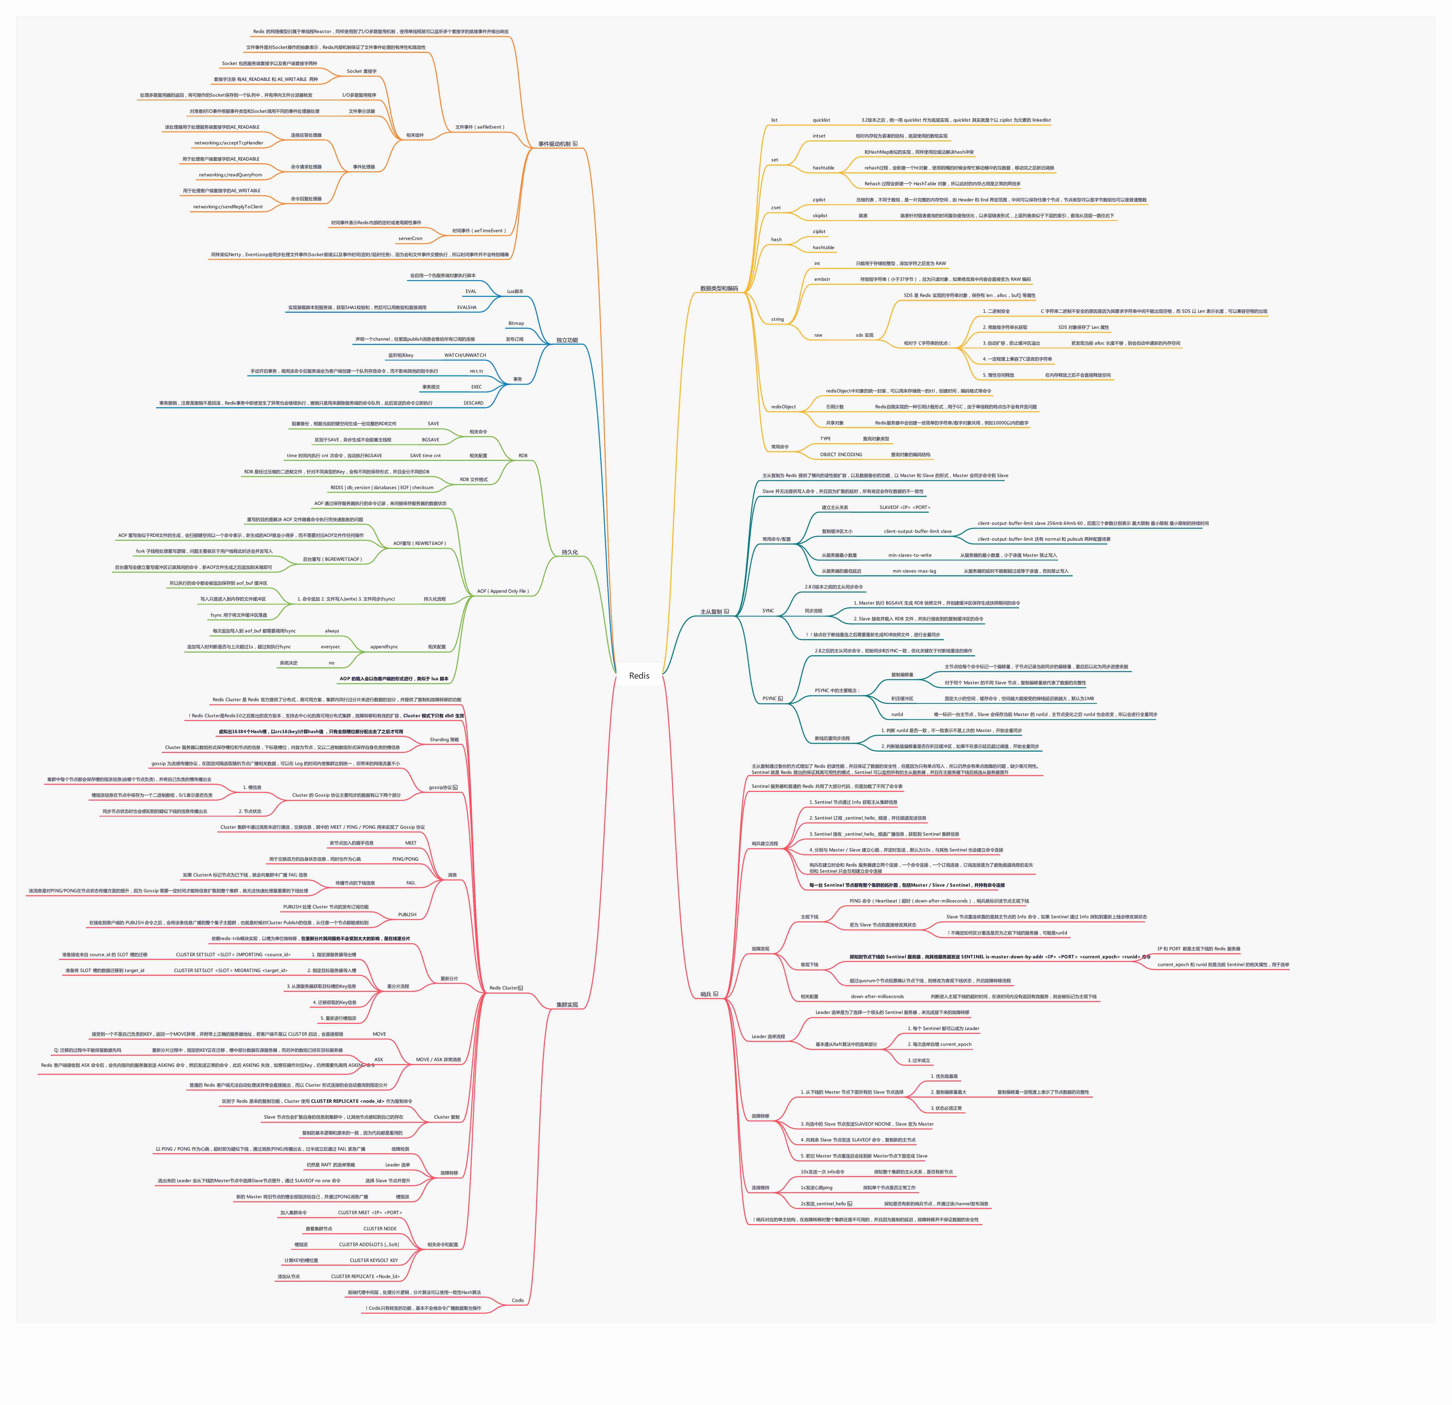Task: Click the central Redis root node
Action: tap(639, 675)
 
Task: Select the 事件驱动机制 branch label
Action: tap(554, 144)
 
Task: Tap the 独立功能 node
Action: tap(567, 340)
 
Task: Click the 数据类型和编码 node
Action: tap(719, 288)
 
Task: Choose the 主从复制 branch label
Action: tap(711, 612)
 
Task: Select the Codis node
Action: tap(518, 1301)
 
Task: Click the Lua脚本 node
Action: tap(515, 291)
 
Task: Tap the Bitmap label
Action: tap(515, 323)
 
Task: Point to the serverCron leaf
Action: tap(410, 239)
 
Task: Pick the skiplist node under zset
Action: tap(819, 216)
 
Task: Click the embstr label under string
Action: tap(822, 279)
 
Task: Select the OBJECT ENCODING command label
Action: tap(841, 454)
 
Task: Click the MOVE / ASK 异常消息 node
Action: tap(438, 1060)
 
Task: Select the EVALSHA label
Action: tap(467, 308)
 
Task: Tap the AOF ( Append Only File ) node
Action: tap(502, 591)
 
